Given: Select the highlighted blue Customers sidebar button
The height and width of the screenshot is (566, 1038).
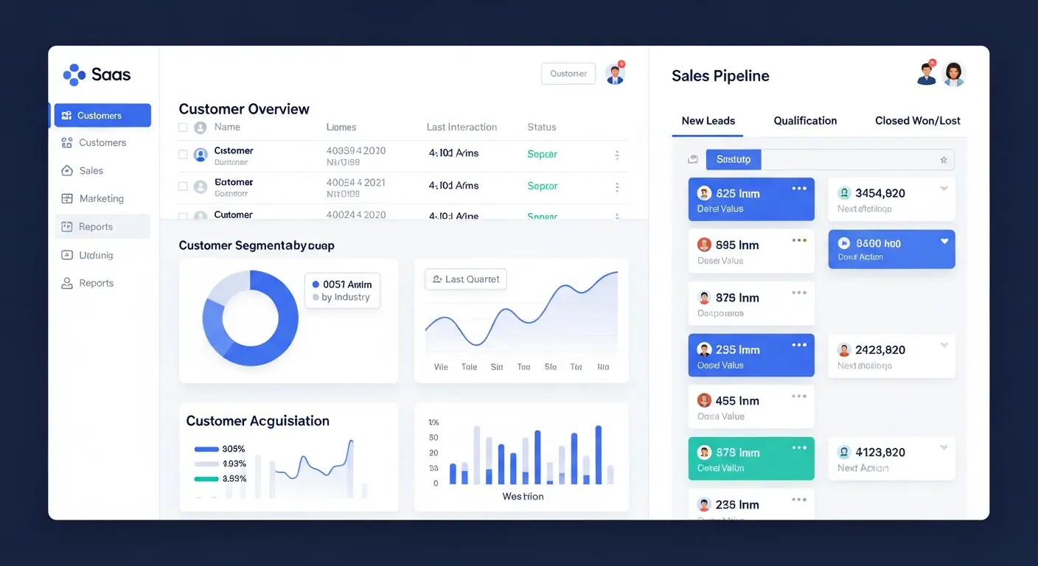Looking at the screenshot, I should [102, 116].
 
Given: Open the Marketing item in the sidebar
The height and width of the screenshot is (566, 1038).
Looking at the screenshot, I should [101, 199].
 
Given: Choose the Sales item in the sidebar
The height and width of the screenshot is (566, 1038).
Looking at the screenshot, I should [91, 171].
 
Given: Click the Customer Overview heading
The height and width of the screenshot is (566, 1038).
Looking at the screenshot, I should [244, 109].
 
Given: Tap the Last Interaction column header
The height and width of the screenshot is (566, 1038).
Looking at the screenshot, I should [461, 127].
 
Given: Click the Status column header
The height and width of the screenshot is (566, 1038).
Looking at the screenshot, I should [541, 127].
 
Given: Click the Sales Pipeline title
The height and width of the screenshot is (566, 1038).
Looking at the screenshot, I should [720, 76].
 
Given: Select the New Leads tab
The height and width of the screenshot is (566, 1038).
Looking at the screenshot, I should [708, 121].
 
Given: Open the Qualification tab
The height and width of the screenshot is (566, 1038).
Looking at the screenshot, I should [805, 121].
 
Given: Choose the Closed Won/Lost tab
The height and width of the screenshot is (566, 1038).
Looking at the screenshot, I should [917, 121].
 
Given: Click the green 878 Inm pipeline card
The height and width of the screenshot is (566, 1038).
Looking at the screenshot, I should [750, 458].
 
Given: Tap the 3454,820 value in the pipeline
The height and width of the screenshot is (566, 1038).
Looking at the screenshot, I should [879, 193].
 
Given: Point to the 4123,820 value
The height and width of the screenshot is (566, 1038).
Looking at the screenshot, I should [879, 453].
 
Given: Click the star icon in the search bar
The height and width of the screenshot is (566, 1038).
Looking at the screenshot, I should [943, 160].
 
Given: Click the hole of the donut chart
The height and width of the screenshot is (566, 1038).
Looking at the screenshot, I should [250, 318].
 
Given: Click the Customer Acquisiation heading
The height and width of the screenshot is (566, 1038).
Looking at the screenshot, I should [257, 421].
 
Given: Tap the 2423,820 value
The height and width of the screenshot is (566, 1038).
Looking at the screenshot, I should [879, 350].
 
